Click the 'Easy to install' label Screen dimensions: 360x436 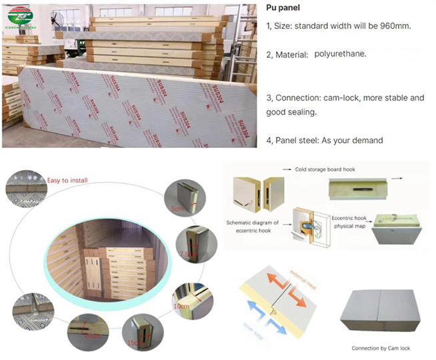(67, 179)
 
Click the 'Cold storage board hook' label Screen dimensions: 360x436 (327, 169)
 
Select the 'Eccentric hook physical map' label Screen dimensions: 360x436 (353, 222)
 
